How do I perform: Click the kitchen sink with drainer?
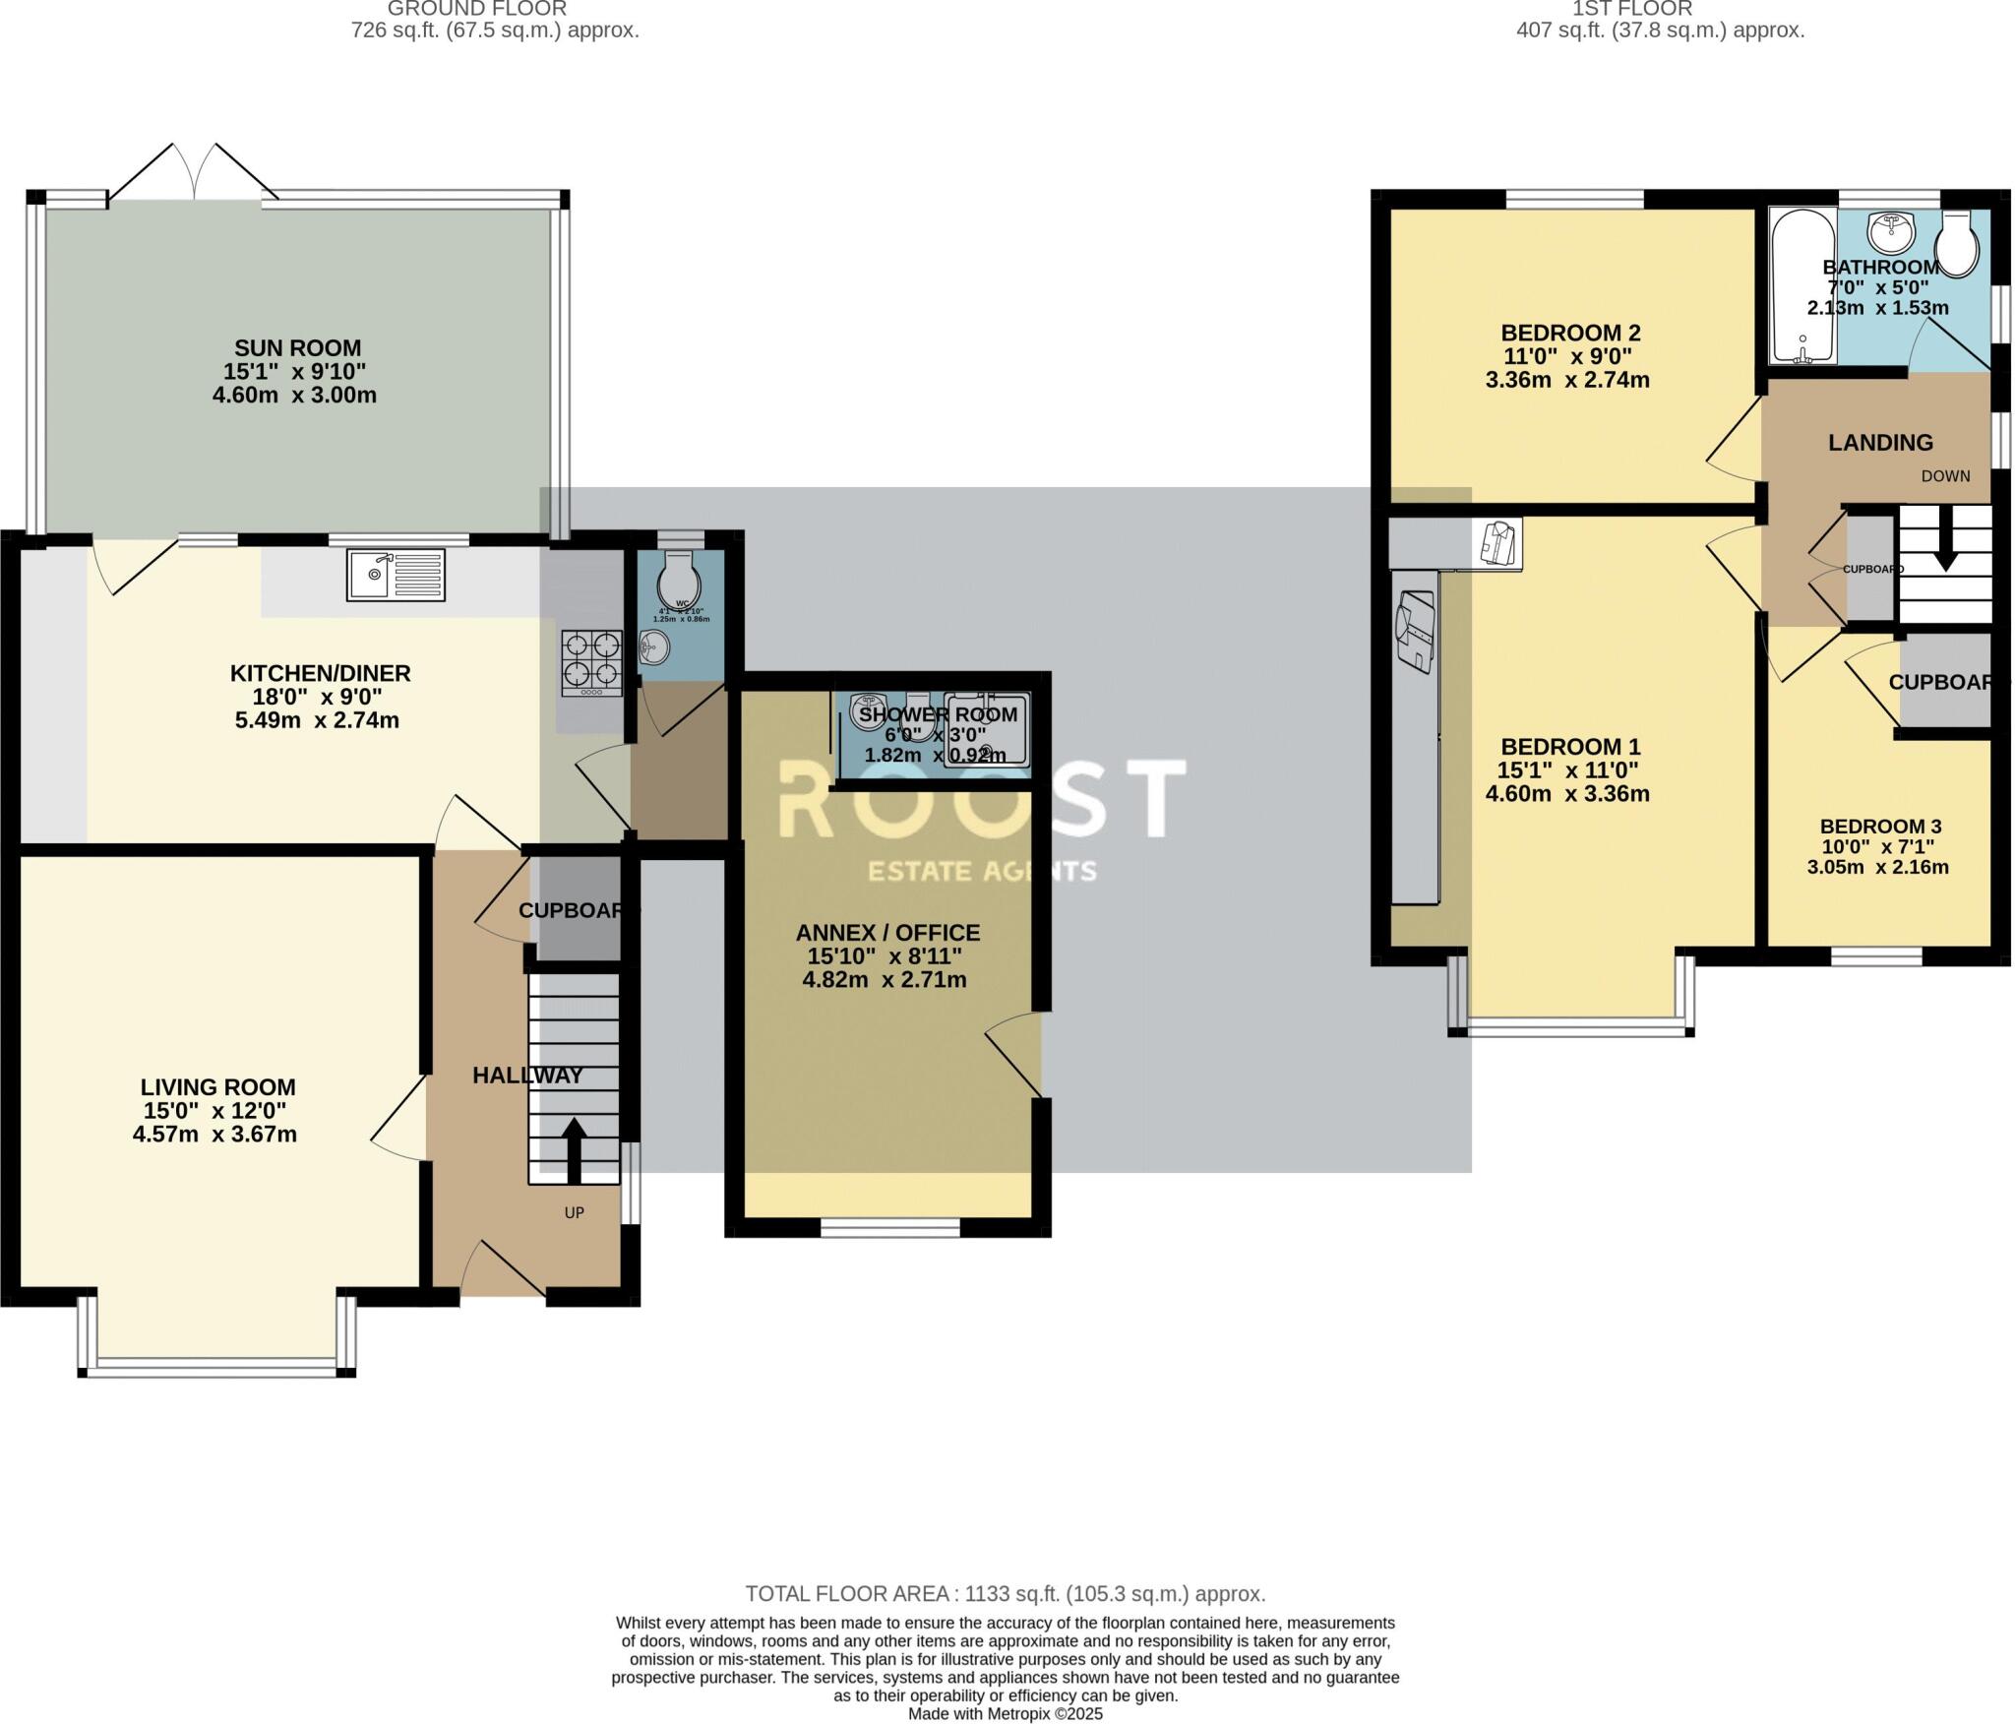coord(396,576)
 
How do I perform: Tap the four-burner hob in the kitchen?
coord(591,662)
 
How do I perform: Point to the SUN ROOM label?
coord(297,348)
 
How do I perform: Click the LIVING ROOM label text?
coord(217,1087)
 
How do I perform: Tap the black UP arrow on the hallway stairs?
coord(573,1148)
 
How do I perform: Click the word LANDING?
coord(1880,443)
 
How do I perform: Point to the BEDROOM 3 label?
coord(1879,827)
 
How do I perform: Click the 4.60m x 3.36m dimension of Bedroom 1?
coord(1567,794)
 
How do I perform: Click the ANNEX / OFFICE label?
coord(887,933)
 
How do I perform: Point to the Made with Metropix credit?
coord(1005,1713)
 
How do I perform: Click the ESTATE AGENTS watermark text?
coord(981,871)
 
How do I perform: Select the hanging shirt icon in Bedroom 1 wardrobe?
coord(1498,542)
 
